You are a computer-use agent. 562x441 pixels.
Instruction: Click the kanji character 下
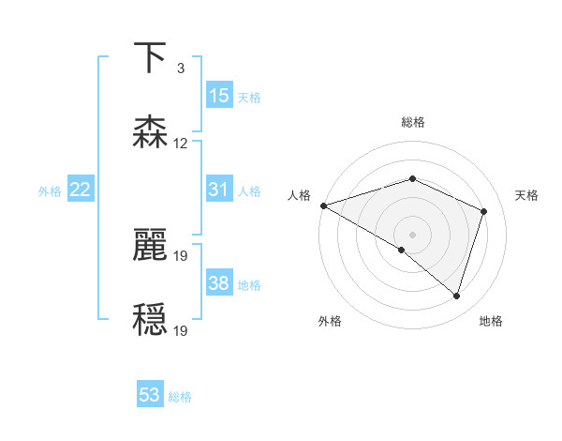point(149,58)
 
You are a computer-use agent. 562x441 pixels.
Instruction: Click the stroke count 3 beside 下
point(180,68)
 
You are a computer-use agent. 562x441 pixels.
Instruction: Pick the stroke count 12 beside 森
point(181,144)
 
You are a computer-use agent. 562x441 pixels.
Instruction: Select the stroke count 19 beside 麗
point(181,256)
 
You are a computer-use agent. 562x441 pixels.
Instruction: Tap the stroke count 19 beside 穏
point(181,331)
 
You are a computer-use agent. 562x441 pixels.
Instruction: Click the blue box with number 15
point(218,96)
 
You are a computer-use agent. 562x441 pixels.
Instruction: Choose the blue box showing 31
point(218,190)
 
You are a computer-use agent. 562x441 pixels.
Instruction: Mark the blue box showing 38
point(218,283)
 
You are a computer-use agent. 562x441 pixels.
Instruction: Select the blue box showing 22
point(80,190)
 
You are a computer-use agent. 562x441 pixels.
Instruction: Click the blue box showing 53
point(149,395)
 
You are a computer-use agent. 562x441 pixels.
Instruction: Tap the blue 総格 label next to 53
point(181,397)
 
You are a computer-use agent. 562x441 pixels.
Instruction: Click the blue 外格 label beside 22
point(50,191)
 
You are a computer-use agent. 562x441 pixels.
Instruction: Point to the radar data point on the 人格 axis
point(322,205)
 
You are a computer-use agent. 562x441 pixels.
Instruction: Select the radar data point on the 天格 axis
point(484,211)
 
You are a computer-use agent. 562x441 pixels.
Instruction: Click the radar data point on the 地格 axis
point(456,296)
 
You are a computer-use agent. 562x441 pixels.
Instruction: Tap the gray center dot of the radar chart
point(412,234)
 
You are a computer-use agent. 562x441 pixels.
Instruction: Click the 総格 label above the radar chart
point(412,122)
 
